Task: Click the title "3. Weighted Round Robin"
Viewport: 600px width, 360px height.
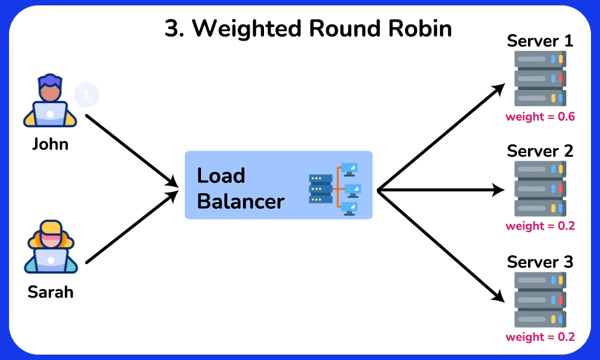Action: tap(308, 29)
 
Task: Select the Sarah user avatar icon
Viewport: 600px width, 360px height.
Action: tap(50, 247)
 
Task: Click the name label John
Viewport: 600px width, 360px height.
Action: tap(50, 145)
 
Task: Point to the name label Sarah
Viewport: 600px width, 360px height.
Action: tap(50, 292)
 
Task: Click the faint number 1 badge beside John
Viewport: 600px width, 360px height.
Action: tap(87, 95)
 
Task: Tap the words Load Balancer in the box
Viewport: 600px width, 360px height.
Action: tap(240, 188)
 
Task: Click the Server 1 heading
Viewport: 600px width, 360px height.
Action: tap(540, 41)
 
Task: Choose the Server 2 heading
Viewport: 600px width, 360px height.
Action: tap(540, 151)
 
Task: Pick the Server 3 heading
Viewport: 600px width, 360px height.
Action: tap(540, 262)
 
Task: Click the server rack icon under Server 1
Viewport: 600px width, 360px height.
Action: tap(540, 79)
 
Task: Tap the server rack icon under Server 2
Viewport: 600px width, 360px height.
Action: tap(540, 188)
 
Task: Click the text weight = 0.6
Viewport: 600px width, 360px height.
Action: tap(540, 116)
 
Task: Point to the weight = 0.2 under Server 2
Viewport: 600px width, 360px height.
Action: tap(540, 226)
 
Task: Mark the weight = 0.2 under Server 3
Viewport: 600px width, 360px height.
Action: tap(540, 337)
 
